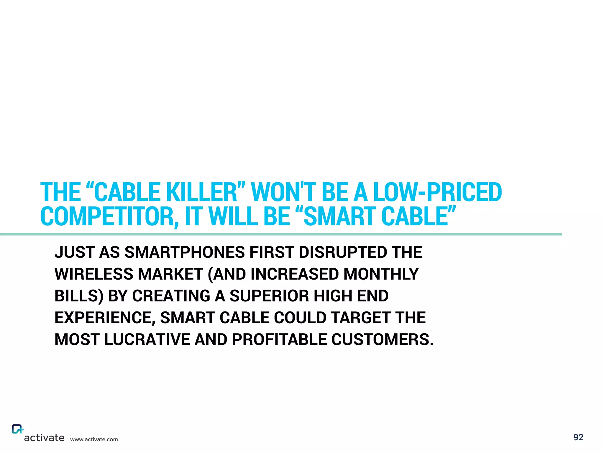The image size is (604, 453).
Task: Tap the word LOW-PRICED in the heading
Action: point(437,192)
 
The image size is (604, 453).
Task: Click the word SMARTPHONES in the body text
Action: point(185,252)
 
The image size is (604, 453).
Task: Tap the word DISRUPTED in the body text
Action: point(343,252)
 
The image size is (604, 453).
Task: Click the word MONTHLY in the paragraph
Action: point(381,274)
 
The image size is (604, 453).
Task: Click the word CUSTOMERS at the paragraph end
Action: point(382,340)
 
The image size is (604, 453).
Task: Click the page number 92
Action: point(578,437)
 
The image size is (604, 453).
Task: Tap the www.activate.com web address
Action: point(94,439)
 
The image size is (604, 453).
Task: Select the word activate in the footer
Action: point(44,438)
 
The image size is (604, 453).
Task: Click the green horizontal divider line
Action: point(280,234)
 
